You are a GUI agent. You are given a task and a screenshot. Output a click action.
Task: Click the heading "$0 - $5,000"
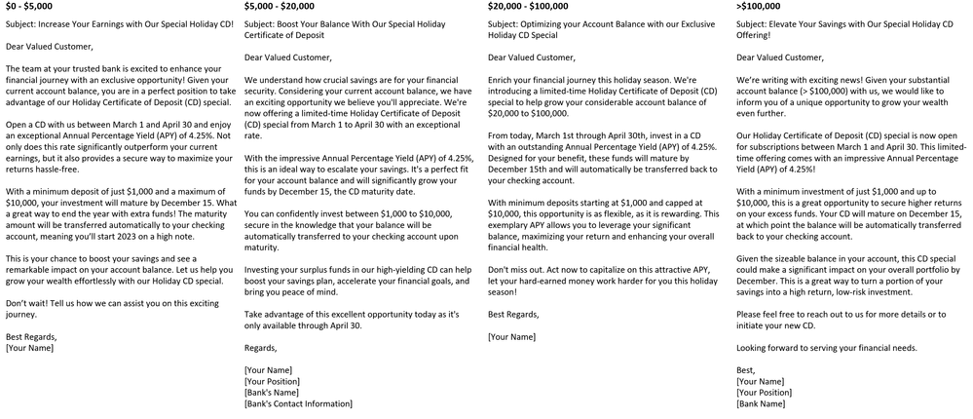[x=28, y=7]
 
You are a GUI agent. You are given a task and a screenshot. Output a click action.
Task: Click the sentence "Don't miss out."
[x=518, y=267]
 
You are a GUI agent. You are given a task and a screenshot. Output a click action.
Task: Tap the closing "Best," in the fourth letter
[x=747, y=370]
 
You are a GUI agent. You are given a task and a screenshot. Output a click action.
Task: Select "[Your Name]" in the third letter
[x=511, y=336]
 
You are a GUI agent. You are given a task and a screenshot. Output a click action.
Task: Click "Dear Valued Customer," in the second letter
[x=287, y=57]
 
